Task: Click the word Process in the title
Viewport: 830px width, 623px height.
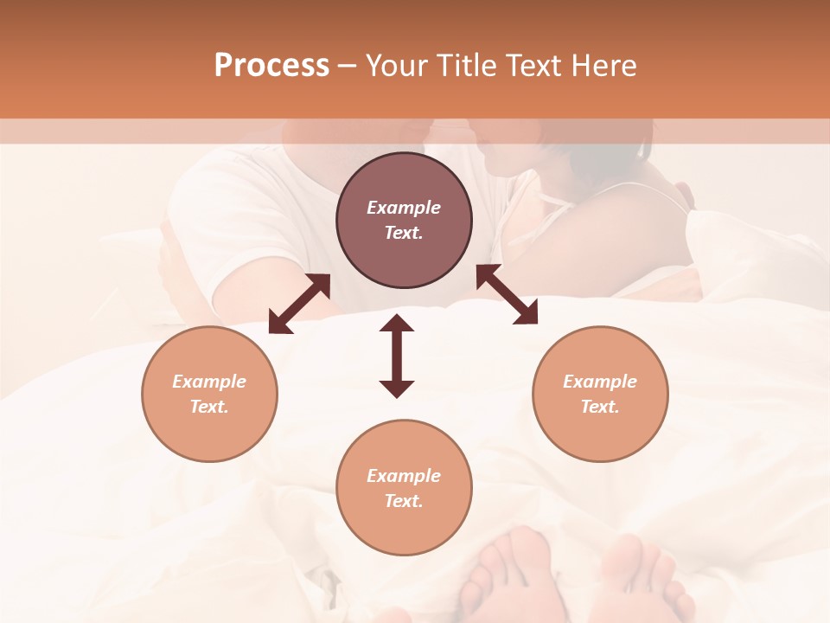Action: point(271,66)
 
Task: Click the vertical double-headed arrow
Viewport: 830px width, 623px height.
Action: point(397,356)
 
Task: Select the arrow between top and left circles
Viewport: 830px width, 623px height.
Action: point(300,304)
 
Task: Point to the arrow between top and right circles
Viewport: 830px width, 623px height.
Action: point(507,295)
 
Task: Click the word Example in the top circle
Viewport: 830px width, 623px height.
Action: point(404,208)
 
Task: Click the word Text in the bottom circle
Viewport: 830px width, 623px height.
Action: point(403,501)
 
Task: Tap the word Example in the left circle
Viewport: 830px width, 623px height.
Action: point(209,382)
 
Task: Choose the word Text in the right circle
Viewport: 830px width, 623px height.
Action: point(599,407)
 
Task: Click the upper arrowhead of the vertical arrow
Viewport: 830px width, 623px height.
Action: point(397,324)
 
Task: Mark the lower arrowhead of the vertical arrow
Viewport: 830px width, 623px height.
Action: point(397,389)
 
